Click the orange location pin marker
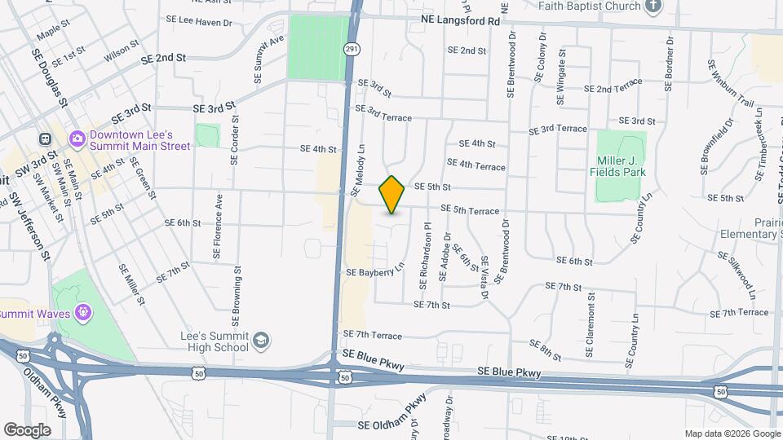[x=392, y=195]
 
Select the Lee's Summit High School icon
[x=261, y=340]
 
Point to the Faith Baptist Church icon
[x=652, y=7]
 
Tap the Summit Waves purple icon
[x=82, y=311]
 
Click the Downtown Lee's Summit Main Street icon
[x=77, y=139]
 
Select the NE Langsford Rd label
[x=461, y=20]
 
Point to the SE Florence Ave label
[x=218, y=226]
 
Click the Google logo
[x=27, y=429]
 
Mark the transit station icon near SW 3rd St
[x=45, y=139]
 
